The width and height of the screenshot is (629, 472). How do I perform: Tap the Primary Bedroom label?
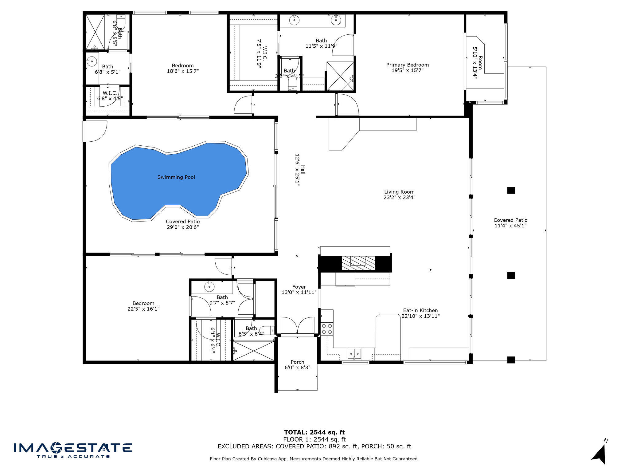(407, 65)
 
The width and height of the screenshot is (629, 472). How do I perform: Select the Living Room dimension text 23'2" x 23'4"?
(399, 198)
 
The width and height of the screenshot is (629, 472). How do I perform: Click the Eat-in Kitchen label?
(420, 310)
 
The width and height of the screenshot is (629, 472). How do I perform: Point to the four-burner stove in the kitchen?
(327, 329)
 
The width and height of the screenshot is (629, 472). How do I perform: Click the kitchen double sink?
(354, 353)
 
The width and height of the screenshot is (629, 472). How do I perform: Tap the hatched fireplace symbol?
(358, 263)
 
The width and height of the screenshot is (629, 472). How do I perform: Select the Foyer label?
(299, 287)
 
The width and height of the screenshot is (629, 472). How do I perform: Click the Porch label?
(297, 362)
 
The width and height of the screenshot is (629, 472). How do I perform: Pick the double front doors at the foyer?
(297, 326)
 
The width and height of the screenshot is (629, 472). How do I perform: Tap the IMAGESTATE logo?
(73, 450)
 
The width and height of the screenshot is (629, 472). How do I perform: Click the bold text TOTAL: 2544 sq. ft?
(314, 432)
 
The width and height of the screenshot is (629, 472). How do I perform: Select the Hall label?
(303, 170)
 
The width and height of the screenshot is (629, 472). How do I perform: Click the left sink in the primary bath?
(294, 20)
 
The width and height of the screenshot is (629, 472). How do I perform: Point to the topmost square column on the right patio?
(511, 190)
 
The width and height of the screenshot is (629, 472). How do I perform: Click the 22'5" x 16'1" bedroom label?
(143, 306)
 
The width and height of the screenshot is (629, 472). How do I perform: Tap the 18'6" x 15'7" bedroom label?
(182, 68)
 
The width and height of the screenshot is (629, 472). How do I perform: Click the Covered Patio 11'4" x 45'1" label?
(510, 223)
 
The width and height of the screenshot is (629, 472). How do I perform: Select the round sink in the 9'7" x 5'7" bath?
(209, 287)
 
